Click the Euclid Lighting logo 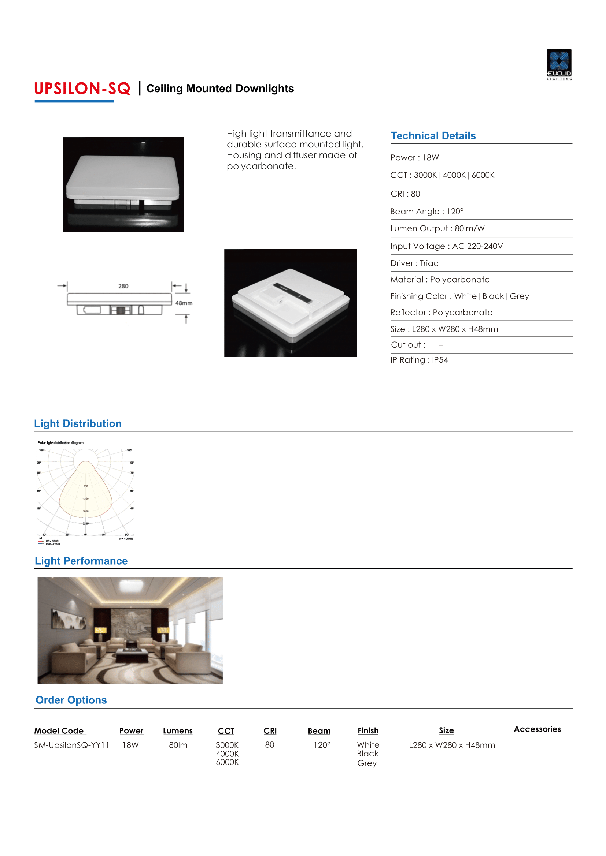[x=559, y=64]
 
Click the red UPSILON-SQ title [x=82, y=89]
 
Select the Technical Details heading [x=433, y=136]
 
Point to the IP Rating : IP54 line [x=419, y=360]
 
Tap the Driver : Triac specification [x=414, y=263]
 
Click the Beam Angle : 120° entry [x=426, y=212]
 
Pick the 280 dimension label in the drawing [x=123, y=286]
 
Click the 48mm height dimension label [x=184, y=303]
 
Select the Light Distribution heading [x=78, y=423]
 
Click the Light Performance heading [x=81, y=561]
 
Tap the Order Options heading [x=71, y=700]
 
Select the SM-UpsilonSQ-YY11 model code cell [x=71, y=745]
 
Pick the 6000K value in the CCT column [x=227, y=762]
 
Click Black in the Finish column [x=367, y=754]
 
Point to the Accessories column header [x=537, y=729]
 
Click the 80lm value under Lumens [x=178, y=745]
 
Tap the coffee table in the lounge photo [x=132, y=654]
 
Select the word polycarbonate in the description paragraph [x=261, y=166]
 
